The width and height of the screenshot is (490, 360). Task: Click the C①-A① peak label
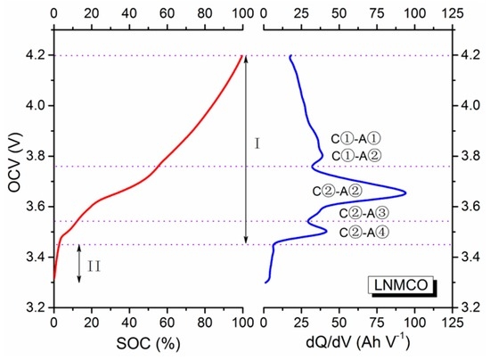(x=355, y=138)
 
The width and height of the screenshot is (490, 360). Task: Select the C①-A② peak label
(x=355, y=157)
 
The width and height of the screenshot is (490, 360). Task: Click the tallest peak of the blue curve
(x=406, y=192)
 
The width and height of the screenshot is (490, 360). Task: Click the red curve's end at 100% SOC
(x=242, y=55)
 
